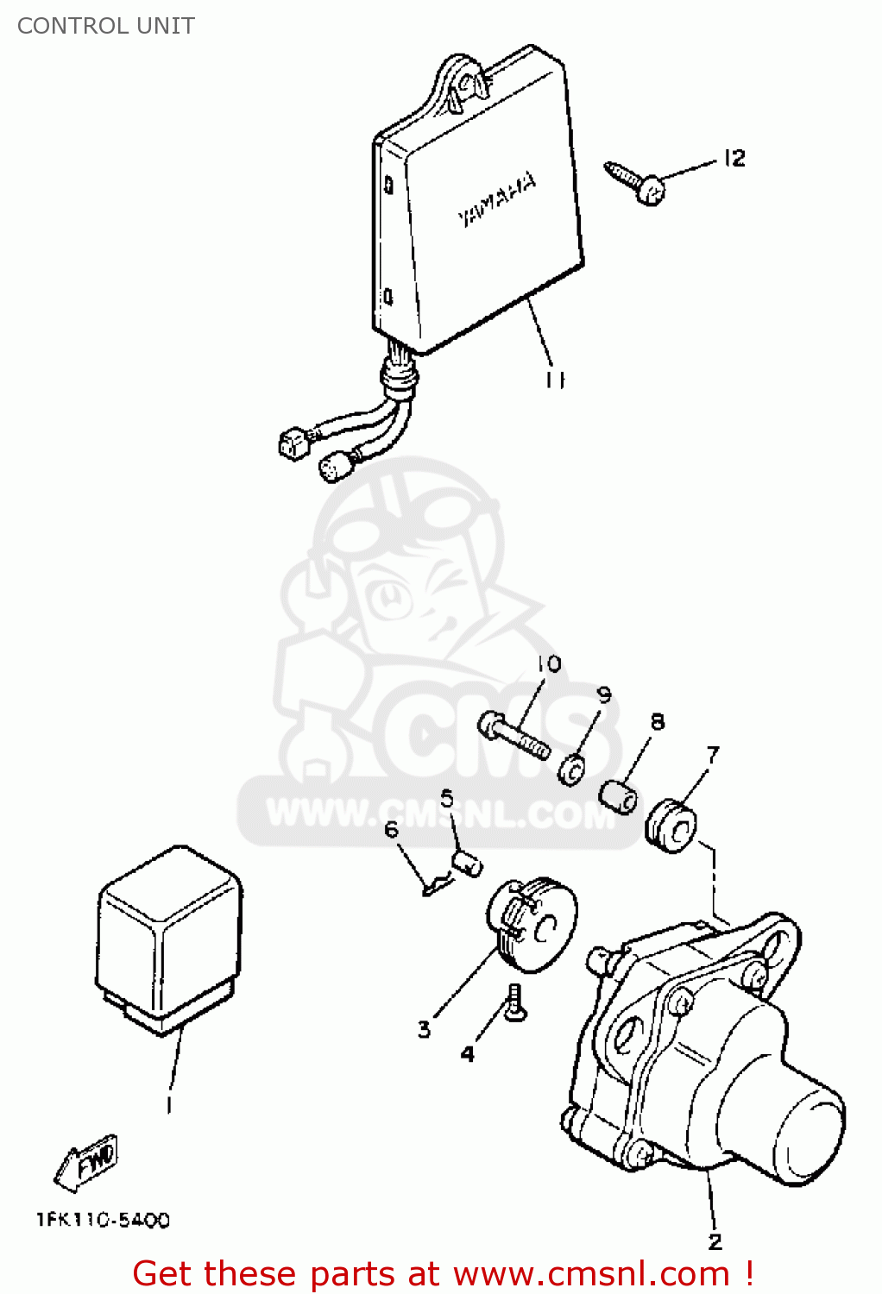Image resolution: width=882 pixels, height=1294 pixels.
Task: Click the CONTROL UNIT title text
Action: (x=106, y=26)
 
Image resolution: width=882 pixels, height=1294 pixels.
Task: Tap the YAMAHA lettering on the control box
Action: (x=498, y=200)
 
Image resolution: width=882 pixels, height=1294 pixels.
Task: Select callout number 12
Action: (x=734, y=158)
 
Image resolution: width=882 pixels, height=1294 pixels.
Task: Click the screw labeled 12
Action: (x=635, y=181)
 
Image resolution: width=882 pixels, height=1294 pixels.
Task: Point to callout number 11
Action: (x=555, y=380)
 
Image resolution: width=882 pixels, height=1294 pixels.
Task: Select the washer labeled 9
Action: (x=573, y=769)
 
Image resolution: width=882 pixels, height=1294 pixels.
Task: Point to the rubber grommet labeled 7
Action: (x=671, y=826)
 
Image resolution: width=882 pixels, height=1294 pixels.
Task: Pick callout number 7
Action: (x=713, y=754)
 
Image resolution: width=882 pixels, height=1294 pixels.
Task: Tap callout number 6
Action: (x=392, y=830)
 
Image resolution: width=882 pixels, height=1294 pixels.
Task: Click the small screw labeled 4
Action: (x=513, y=1002)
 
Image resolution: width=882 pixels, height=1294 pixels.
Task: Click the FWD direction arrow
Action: (x=86, y=1160)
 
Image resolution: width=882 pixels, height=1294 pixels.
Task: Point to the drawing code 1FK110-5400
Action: (x=103, y=1220)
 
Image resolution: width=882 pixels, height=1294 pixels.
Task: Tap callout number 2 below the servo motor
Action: (x=715, y=1241)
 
